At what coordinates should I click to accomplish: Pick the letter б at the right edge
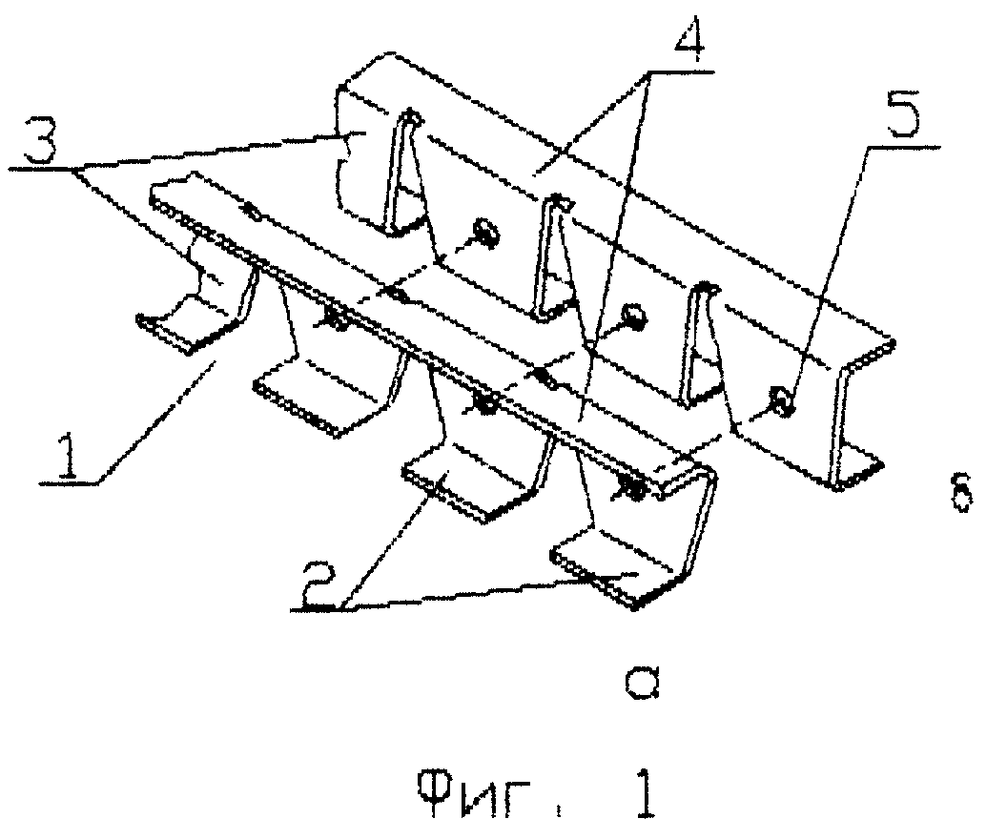tap(961, 492)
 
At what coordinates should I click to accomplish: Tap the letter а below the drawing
tap(642, 683)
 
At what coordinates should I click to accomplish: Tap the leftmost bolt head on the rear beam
tap(484, 234)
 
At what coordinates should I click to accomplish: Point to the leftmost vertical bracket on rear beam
tap(402, 173)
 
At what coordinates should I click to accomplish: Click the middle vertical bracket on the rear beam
tap(552, 256)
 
